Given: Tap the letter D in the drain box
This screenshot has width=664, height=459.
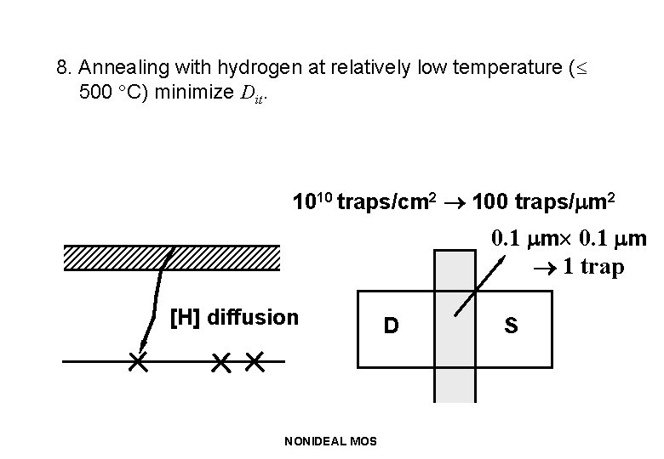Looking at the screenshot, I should tap(391, 326).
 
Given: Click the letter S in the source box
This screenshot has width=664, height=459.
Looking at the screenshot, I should tap(511, 326).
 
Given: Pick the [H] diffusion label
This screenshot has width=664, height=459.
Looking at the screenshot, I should tap(234, 317).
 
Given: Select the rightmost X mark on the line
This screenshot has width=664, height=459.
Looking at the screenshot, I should tap(254, 362).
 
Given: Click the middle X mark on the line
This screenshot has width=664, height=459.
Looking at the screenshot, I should tap(220, 362).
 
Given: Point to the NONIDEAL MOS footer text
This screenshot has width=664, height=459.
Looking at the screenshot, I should tap(332, 440).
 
